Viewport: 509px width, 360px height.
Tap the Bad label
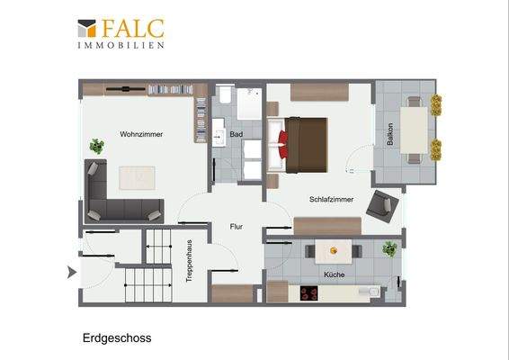tap(236, 134)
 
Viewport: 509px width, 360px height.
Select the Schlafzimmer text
tap(330, 200)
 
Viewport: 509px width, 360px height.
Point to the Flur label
tap(237, 227)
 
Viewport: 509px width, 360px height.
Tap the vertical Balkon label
tap(389, 134)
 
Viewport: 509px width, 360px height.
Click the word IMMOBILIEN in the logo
tap(121, 45)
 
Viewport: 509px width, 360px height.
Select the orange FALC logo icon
tap(86, 29)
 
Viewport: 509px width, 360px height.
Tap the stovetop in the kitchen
tap(310, 292)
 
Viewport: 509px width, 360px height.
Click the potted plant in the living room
tap(96, 145)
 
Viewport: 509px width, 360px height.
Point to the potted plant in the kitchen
tap(389, 248)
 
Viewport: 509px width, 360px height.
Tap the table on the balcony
tap(413, 128)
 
